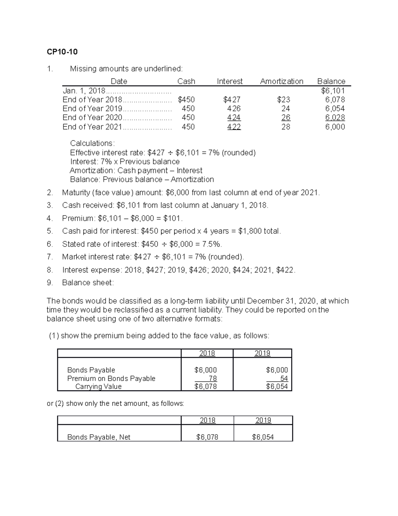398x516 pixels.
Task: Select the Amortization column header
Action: point(282,81)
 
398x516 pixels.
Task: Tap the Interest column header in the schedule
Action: point(230,81)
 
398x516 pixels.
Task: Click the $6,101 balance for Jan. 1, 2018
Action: point(333,91)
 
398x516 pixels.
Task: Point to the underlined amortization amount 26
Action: point(286,118)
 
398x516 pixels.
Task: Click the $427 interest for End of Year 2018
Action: point(232,100)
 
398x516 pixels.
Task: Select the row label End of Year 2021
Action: point(92,127)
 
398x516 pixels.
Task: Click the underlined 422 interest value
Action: point(234,127)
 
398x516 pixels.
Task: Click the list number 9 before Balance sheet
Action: point(49,283)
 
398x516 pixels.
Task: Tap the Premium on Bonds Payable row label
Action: point(111,378)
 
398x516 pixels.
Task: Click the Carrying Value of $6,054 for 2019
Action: point(277,386)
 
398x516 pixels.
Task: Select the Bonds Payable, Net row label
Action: point(99,437)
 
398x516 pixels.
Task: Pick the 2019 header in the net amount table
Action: point(263,420)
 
